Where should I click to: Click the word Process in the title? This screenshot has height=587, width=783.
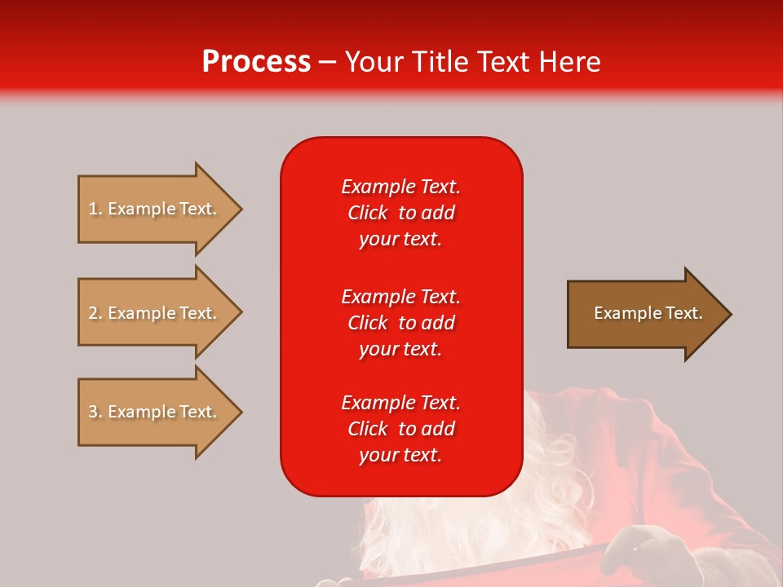pyautogui.click(x=256, y=62)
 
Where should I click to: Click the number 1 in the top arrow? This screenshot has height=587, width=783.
pyautogui.click(x=93, y=209)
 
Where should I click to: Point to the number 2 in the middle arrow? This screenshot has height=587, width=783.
pyautogui.click(x=93, y=313)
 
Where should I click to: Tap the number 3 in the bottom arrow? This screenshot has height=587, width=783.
pyautogui.click(x=93, y=412)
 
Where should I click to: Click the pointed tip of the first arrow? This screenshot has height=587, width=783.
pyautogui.click(x=239, y=209)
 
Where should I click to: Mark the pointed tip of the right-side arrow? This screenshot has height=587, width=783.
pyautogui.click(x=728, y=313)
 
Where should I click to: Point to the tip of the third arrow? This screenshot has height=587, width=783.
pyautogui.click(x=239, y=412)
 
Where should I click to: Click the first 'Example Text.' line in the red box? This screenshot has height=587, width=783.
pyautogui.click(x=400, y=187)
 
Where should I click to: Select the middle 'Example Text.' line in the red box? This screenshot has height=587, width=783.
pyautogui.click(x=400, y=297)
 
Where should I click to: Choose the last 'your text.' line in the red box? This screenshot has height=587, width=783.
pyautogui.click(x=400, y=456)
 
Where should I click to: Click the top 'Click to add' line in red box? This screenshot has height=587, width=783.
pyautogui.click(x=400, y=213)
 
